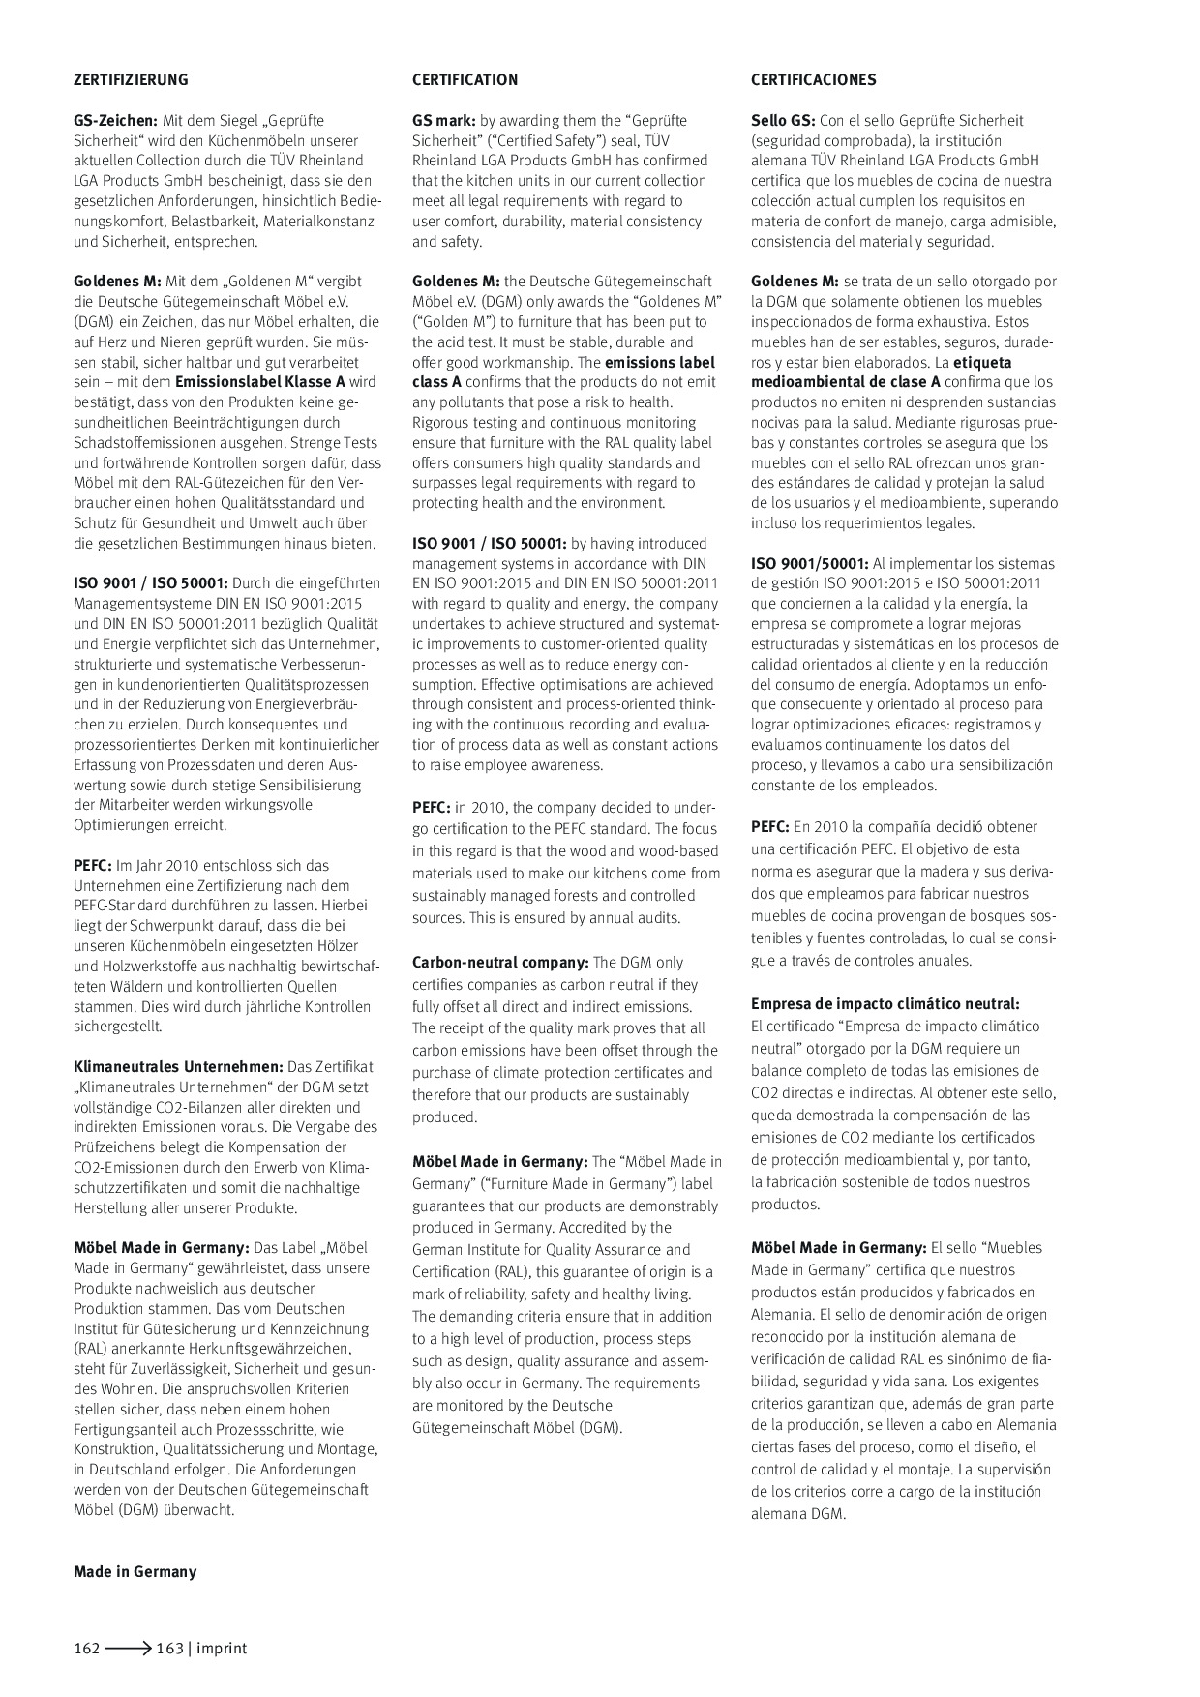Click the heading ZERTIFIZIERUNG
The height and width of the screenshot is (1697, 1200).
131,80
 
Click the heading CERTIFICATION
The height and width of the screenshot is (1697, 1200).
465,80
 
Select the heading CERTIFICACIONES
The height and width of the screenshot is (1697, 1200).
813,80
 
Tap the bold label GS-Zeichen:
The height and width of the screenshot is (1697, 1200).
115,121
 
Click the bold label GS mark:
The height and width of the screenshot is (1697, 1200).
443,121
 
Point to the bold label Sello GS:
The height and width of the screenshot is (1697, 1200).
783,121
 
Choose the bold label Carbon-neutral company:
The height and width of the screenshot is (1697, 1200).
500,963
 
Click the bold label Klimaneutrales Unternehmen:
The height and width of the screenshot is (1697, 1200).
178,1067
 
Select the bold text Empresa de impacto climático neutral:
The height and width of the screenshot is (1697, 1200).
885,1004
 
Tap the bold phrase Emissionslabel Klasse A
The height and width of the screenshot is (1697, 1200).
259,382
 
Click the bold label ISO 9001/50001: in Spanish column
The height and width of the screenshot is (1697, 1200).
809,564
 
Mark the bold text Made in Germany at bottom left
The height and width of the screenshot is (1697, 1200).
135,1572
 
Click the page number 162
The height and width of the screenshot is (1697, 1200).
87,1649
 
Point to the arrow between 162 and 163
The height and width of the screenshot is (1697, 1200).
128,1649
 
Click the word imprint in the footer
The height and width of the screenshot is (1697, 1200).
222,1649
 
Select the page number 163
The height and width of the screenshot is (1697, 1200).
169,1649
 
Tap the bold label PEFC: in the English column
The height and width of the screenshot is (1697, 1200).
432,807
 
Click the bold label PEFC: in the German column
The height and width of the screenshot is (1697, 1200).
93,866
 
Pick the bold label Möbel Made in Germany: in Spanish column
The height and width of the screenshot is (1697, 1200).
838,1248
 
